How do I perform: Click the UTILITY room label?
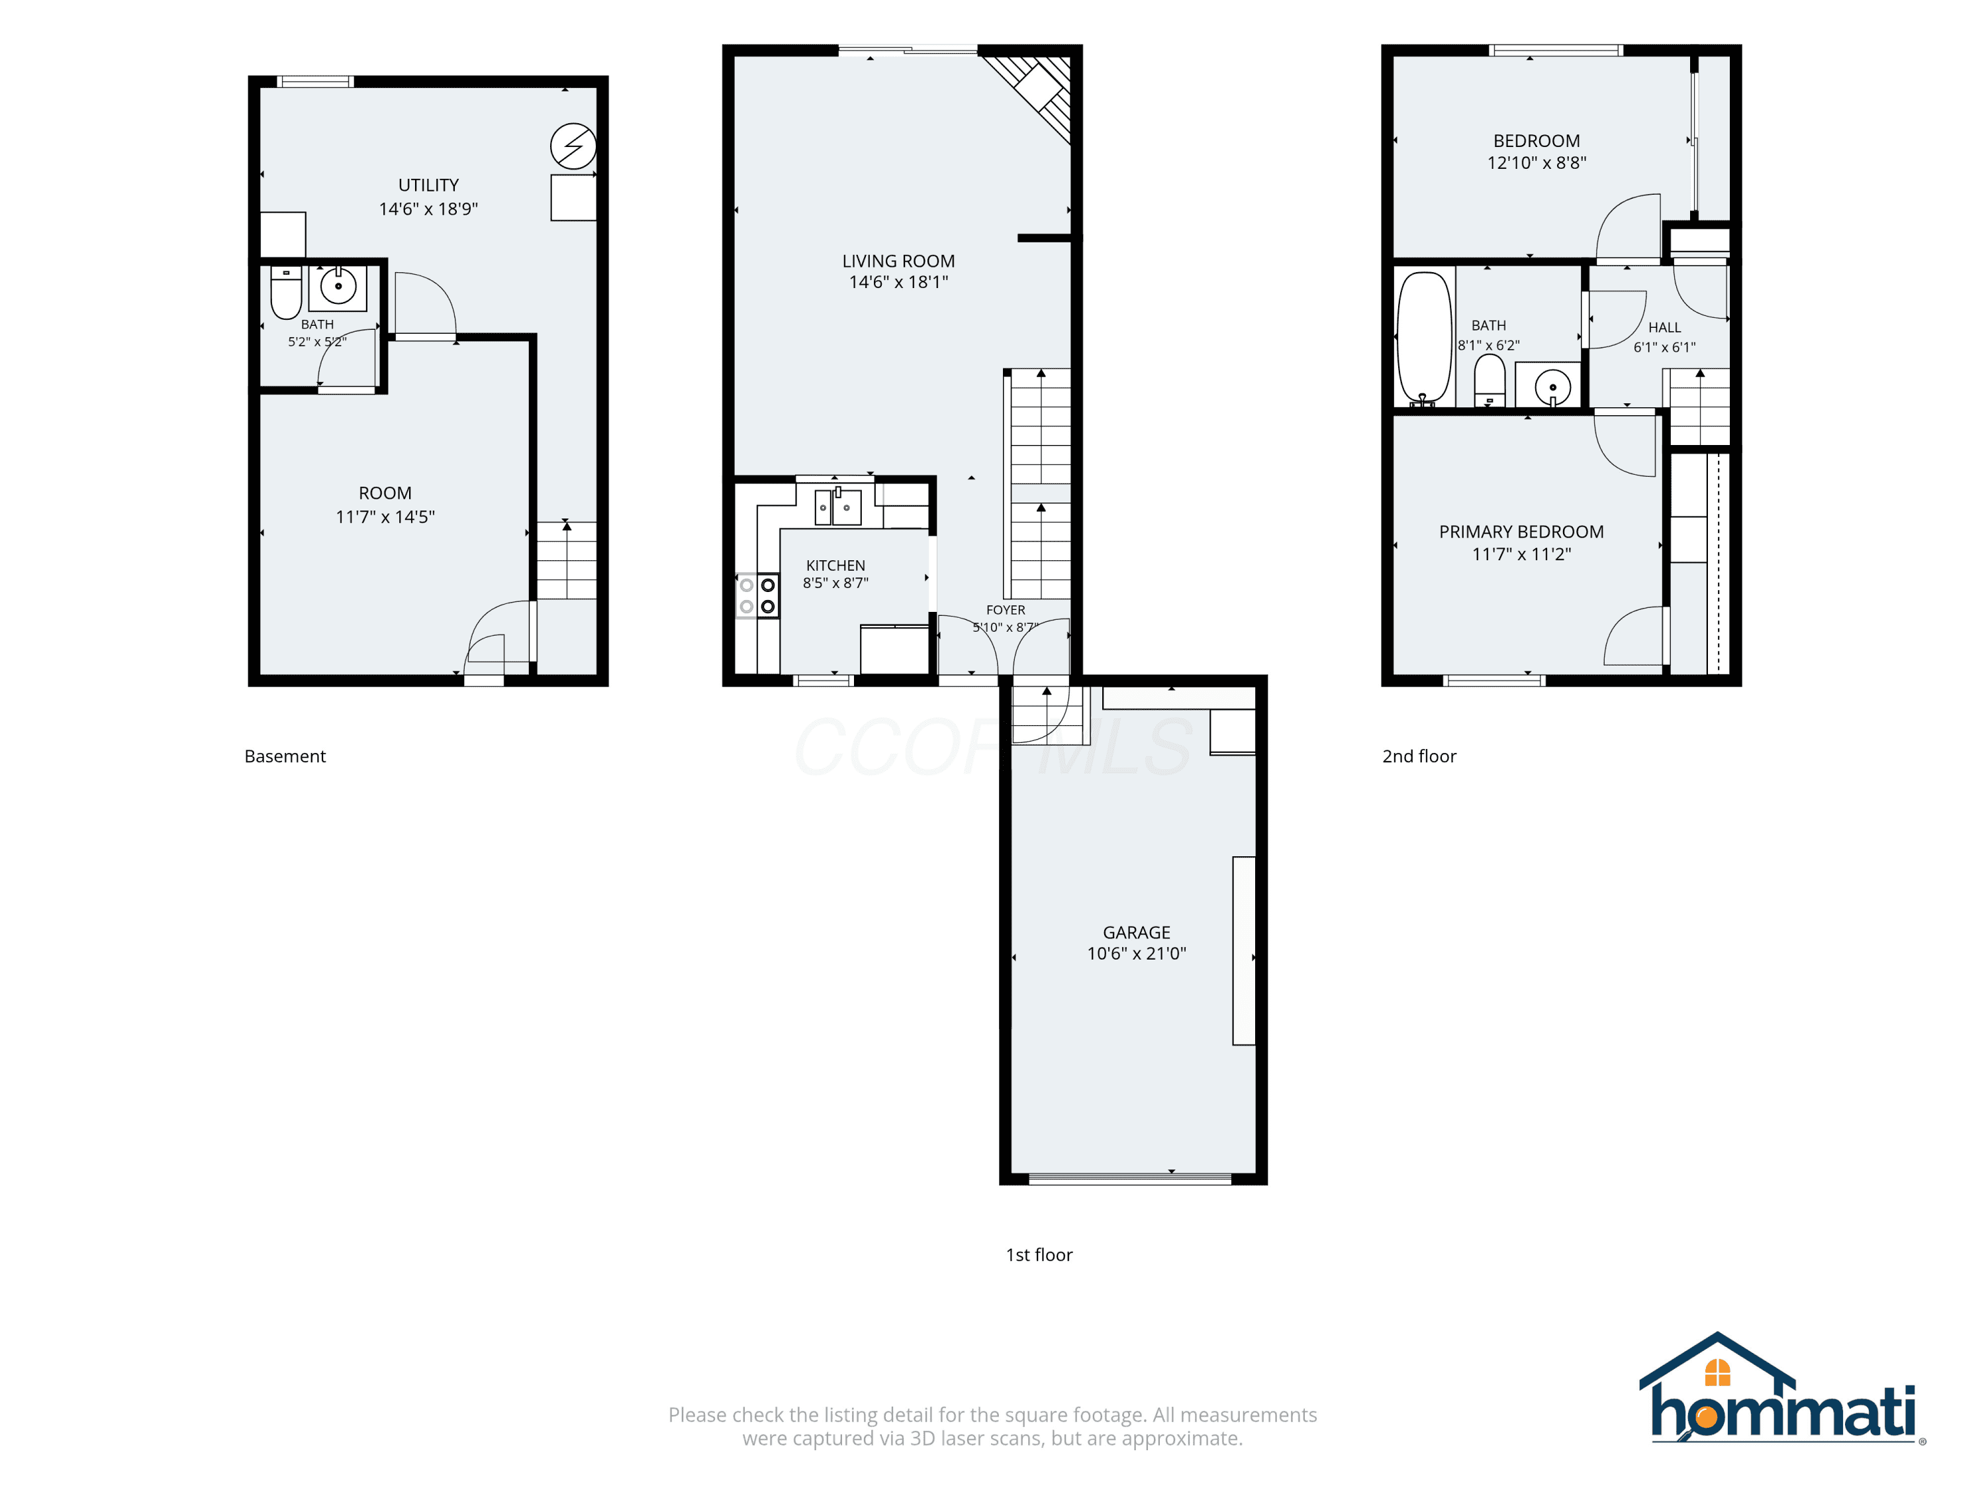[x=428, y=185]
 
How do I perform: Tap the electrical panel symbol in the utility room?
[x=573, y=146]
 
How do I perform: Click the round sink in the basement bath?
[x=338, y=287]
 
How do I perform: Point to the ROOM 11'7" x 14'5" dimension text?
[x=385, y=517]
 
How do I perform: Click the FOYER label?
[x=1006, y=610]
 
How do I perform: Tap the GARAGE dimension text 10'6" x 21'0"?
[x=1137, y=954]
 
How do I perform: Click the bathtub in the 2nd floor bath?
[x=1424, y=338]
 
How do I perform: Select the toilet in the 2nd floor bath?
[x=1490, y=381]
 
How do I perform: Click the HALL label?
[x=1664, y=328]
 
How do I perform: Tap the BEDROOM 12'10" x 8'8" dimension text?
[x=1537, y=162]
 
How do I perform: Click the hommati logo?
[x=1783, y=1390]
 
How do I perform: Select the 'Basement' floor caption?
[x=285, y=756]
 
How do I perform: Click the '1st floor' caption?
[x=1039, y=1255]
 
